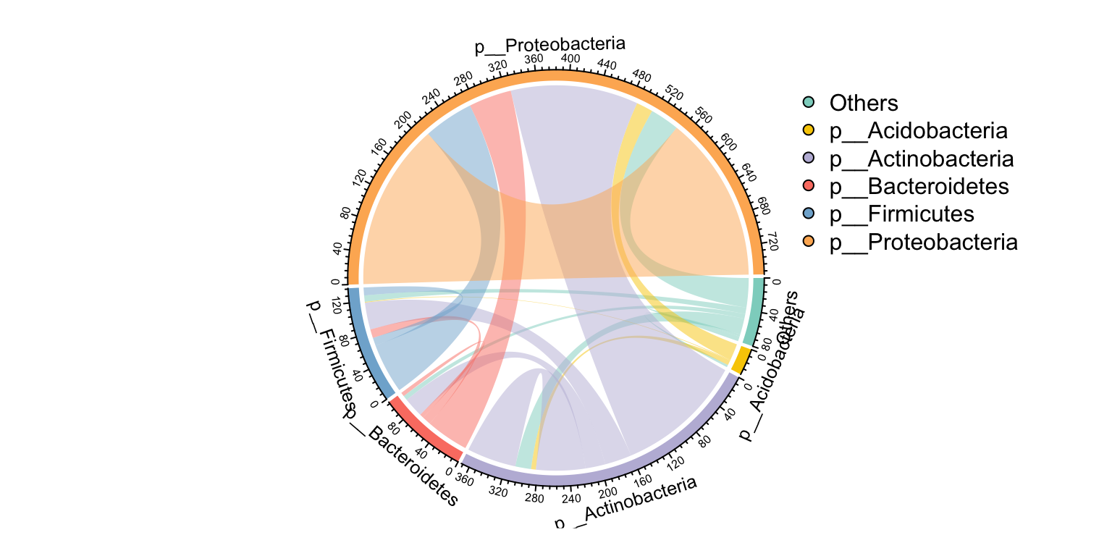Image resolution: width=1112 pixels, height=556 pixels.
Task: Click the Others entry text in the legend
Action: [x=864, y=104]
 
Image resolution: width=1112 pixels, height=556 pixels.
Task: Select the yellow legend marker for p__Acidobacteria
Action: [x=809, y=131]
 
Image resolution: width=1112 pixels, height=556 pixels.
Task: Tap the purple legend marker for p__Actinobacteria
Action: [x=809, y=159]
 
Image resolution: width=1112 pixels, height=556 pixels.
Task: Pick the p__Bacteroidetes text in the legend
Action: [x=919, y=186]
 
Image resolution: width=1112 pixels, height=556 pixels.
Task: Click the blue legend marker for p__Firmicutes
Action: [x=809, y=214]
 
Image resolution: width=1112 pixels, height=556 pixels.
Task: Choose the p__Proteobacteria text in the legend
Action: [x=923, y=242]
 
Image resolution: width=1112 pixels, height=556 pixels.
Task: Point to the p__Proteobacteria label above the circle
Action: [x=549, y=46]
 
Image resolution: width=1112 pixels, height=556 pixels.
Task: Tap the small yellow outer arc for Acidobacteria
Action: [x=740, y=360]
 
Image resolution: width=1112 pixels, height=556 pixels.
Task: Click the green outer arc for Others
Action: [x=755, y=311]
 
